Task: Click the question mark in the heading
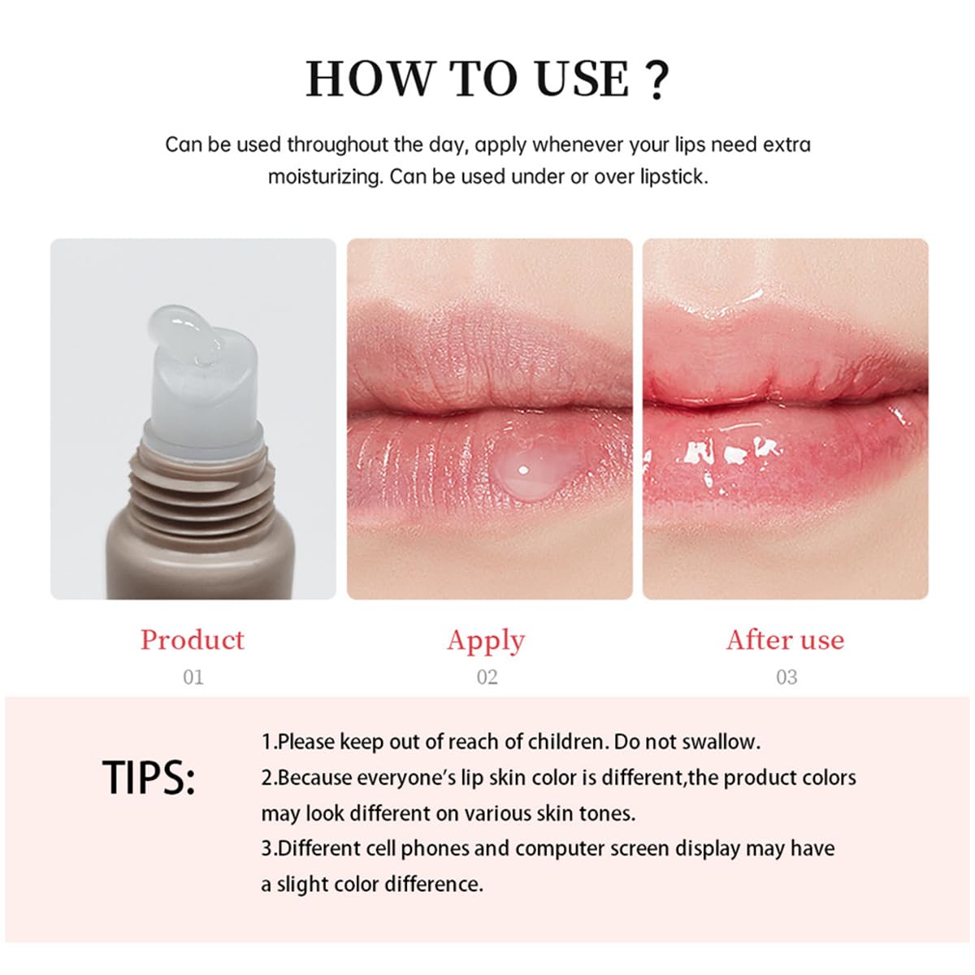point(656,80)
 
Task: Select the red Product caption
point(192,639)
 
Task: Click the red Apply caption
point(486,640)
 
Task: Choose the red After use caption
point(785,639)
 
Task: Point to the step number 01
point(193,677)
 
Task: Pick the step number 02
point(487,677)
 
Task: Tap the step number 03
point(786,677)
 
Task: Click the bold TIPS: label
point(149,778)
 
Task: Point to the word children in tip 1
point(566,742)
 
